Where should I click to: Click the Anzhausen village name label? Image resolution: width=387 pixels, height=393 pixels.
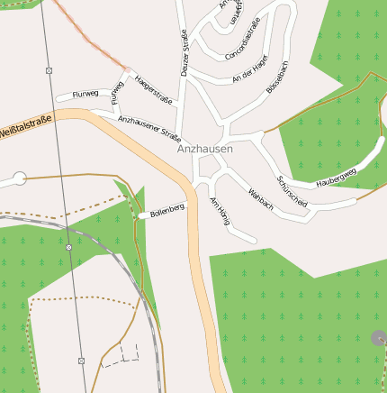(x=204, y=149)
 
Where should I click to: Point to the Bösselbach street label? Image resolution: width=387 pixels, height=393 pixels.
(x=277, y=77)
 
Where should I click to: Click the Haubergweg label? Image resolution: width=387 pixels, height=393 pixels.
(x=336, y=177)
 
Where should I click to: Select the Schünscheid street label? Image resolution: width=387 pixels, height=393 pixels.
(x=292, y=191)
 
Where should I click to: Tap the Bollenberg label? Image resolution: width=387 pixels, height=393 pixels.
(x=167, y=212)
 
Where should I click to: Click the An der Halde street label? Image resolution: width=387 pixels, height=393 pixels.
(x=250, y=78)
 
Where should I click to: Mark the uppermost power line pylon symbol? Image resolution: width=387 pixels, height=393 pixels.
(x=49, y=70)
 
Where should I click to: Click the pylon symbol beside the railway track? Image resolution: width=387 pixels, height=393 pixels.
(x=68, y=246)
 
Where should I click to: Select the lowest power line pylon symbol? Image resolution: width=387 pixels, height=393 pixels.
(x=81, y=361)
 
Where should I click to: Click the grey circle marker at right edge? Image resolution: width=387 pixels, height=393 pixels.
(x=378, y=338)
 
